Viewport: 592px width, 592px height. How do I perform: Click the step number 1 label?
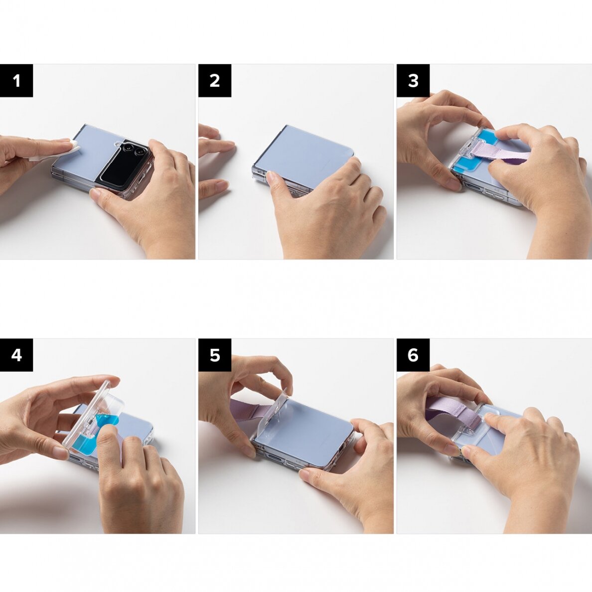click(16, 81)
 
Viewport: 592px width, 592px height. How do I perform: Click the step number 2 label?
click(215, 81)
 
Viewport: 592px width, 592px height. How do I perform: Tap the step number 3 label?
click(413, 81)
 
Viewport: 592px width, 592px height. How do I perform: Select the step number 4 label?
click(16, 355)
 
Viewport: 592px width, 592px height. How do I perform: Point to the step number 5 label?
click(215, 355)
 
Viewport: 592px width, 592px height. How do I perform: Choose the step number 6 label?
click(413, 355)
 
